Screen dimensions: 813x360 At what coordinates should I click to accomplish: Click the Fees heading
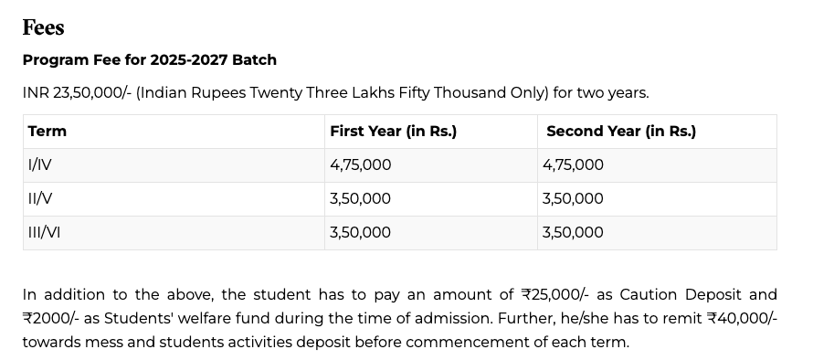click(x=43, y=28)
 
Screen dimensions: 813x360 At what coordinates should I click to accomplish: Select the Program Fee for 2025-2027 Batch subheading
click(x=149, y=59)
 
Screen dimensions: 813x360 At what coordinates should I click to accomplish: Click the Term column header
click(x=48, y=131)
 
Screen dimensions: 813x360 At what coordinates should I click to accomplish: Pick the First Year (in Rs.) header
click(x=393, y=131)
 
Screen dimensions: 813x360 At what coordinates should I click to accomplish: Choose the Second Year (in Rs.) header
click(x=620, y=131)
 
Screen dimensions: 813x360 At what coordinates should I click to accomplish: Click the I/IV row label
click(x=40, y=164)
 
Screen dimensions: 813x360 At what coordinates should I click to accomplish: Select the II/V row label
click(x=40, y=198)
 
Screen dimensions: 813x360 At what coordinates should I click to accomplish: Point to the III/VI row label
click(x=44, y=232)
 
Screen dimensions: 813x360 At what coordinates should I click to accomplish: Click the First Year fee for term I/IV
click(x=360, y=164)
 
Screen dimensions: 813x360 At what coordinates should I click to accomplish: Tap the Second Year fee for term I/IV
click(x=573, y=164)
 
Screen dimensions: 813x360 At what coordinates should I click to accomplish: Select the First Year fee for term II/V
click(x=360, y=198)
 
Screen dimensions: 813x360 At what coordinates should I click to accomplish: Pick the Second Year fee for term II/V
click(x=573, y=198)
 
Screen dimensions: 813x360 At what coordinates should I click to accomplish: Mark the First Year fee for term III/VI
click(x=360, y=232)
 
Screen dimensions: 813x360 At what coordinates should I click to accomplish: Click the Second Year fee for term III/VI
click(x=573, y=232)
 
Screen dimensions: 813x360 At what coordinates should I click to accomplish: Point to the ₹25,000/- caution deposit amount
click(x=554, y=294)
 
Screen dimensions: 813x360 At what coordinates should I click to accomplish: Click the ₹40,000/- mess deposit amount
click(x=742, y=319)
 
